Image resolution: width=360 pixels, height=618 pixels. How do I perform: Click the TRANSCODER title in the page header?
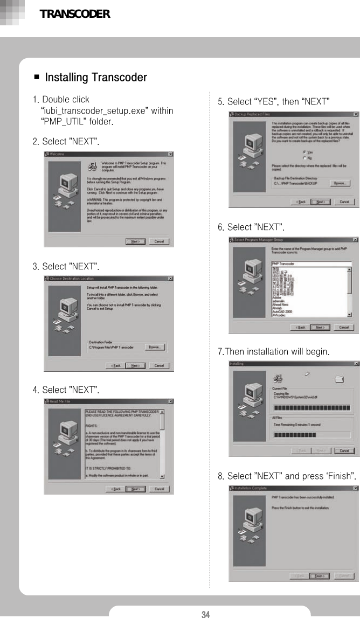[x=75, y=14]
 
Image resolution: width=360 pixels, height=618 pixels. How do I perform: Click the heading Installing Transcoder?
[x=95, y=78]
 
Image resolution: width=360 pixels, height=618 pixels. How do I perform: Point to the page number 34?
[x=205, y=614]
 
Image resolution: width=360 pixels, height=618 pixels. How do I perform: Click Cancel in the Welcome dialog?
[x=159, y=241]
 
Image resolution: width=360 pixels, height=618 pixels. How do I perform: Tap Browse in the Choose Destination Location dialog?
[x=154, y=347]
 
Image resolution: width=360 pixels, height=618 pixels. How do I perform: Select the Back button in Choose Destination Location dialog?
[x=115, y=365]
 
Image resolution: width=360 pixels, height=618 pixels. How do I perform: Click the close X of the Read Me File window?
[x=170, y=401]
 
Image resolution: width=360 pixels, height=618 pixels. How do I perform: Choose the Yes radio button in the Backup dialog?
[x=305, y=152]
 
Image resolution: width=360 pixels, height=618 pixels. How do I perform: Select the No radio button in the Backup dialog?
[x=305, y=158]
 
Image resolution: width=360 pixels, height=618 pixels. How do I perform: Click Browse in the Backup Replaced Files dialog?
[x=340, y=183]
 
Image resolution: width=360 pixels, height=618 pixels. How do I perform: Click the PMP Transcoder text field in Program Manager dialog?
[x=311, y=263]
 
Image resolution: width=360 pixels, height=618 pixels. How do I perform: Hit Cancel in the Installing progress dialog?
[x=344, y=450]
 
